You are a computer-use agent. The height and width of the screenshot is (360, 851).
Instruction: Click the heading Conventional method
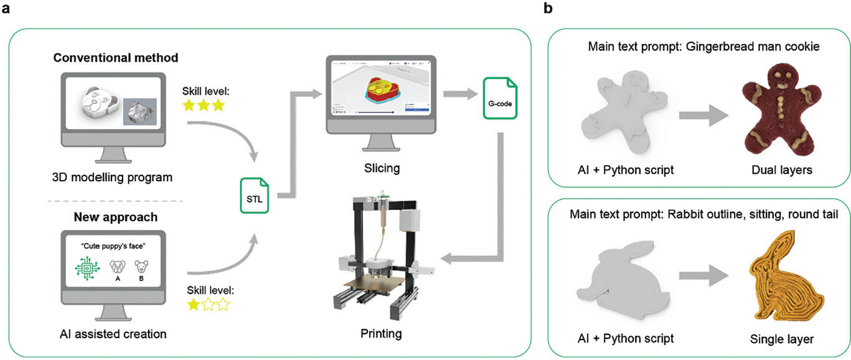pos(116,58)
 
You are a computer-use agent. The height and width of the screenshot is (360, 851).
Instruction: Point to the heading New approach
pos(116,219)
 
